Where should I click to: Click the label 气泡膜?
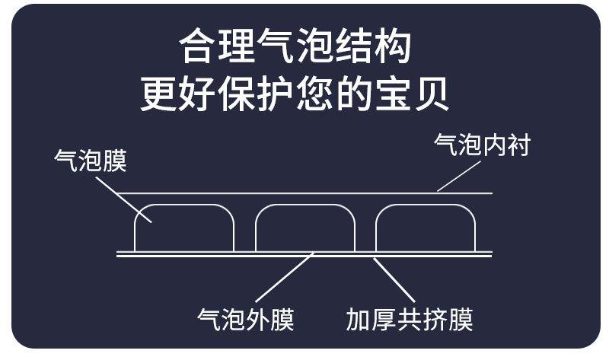pyautogui.click(x=91, y=161)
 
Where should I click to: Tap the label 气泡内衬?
pyautogui.click(x=481, y=145)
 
